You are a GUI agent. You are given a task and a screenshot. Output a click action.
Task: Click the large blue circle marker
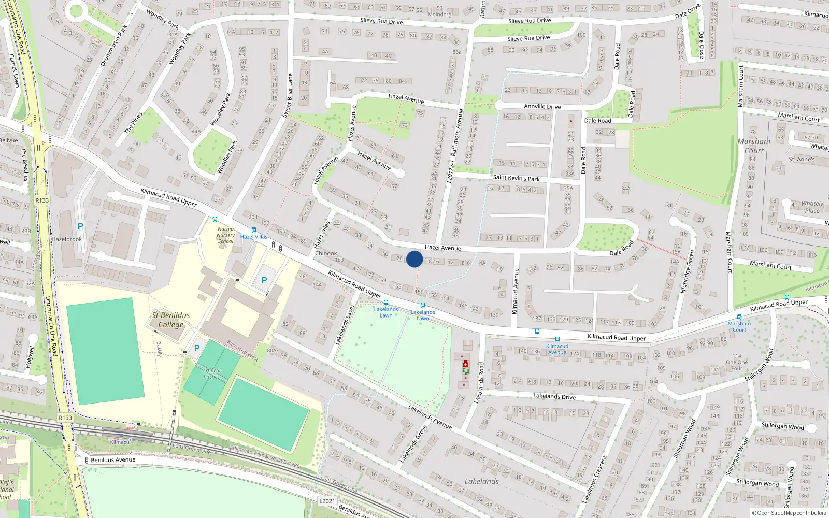tap(414, 259)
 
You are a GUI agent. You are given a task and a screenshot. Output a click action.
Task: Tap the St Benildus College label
tap(171, 320)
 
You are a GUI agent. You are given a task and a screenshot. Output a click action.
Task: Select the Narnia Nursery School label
tap(225, 235)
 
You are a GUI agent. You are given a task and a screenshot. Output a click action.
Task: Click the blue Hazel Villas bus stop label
tap(254, 237)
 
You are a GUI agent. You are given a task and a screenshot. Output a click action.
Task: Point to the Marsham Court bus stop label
tap(739, 326)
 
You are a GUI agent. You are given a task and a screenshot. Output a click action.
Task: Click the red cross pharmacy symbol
tap(466, 364)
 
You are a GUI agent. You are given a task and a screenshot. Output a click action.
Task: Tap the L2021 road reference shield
tap(327, 501)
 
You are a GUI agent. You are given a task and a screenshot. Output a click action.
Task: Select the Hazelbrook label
tap(67, 239)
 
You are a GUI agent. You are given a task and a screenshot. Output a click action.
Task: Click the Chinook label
tap(326, 253)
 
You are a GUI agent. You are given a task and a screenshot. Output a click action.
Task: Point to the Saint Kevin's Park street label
tap(516, 178)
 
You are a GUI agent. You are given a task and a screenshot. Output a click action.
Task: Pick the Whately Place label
tap(812, 207)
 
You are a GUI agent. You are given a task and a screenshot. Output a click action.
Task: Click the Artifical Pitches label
tap(211, 373)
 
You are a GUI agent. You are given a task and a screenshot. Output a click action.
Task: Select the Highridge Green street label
tap(687, 272)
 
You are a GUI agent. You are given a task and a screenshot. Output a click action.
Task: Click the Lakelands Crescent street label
tap(594, 479)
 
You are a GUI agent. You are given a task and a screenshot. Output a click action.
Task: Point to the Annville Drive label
tap(542, 106)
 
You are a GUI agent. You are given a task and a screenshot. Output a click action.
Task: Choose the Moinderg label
tap(439, 15)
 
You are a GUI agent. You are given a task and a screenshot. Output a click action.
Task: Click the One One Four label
tap(736, 362)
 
